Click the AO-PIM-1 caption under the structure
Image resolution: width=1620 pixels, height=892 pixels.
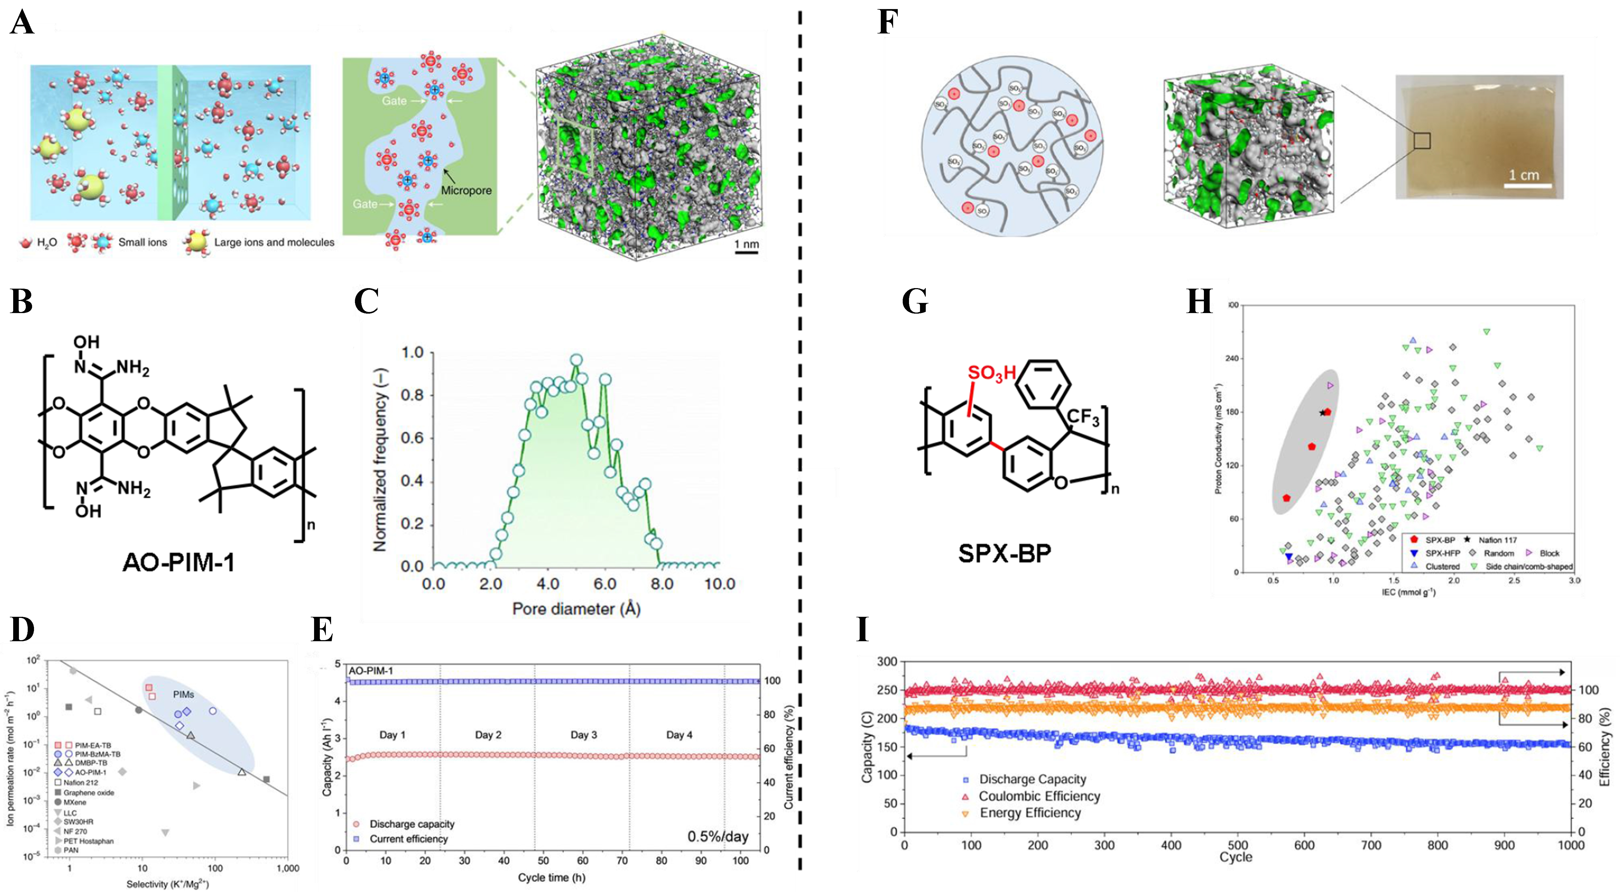point(179,562)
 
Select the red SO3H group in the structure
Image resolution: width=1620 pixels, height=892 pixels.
point(991,373)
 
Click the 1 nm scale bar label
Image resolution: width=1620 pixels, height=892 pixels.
point(746,244)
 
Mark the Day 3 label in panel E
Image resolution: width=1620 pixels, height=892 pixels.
point(584,735)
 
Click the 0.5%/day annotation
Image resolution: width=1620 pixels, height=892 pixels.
point(718,837)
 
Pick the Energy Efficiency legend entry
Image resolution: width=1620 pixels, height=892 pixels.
point(1029,813)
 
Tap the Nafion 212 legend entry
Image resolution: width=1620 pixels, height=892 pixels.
point(80,783)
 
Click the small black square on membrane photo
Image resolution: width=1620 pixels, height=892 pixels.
point(1422,141)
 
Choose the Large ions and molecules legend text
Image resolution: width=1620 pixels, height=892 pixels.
point(274,242)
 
